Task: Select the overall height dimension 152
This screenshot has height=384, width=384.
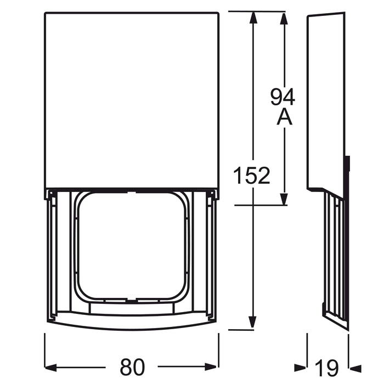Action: point(252,176)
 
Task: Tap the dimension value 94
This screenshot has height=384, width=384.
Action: point(283,97)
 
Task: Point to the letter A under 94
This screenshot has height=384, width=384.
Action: point(283,117)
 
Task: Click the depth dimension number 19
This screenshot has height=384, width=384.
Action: point(327,366)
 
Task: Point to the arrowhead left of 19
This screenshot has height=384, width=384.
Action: point(301,366)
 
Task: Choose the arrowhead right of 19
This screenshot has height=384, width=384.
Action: point(355,366)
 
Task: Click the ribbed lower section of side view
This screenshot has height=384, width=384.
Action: point(335,258)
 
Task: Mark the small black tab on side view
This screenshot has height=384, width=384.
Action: point(347,165)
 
